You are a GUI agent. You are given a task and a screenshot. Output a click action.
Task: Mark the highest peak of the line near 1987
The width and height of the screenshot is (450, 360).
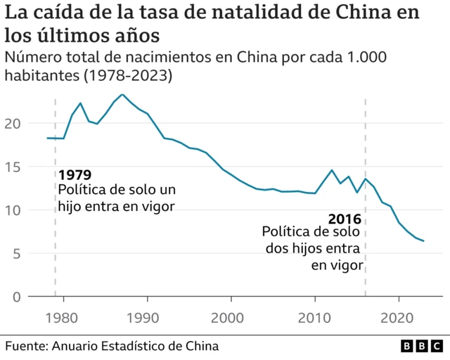pyautogui.click(x=122, y=94)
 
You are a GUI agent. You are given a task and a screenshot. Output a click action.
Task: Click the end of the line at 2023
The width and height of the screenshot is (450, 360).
pyautogui.click(x=423, y=241)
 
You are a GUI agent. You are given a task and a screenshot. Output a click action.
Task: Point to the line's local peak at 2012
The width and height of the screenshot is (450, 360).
pyautogui.click(x=332, y=170)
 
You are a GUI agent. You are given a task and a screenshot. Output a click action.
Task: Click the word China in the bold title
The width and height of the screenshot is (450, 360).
pyautogui.click(x=375, y=13)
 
